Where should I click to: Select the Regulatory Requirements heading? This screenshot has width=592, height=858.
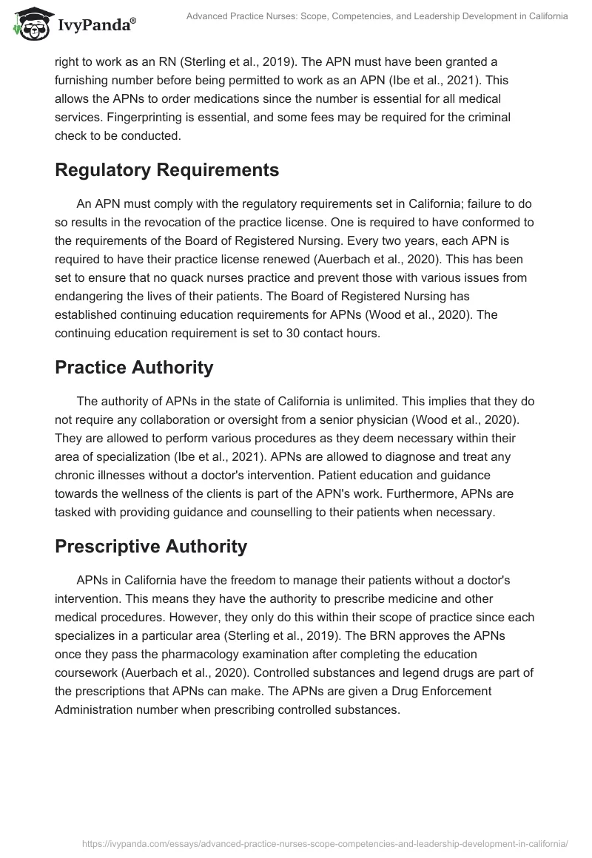[x=166, y=169]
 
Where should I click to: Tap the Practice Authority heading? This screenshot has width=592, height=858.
[x=134, y=367]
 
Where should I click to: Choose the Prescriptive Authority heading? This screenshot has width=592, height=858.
[x=151, y=547]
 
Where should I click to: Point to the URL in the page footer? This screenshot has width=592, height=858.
[x=326, y=842]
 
